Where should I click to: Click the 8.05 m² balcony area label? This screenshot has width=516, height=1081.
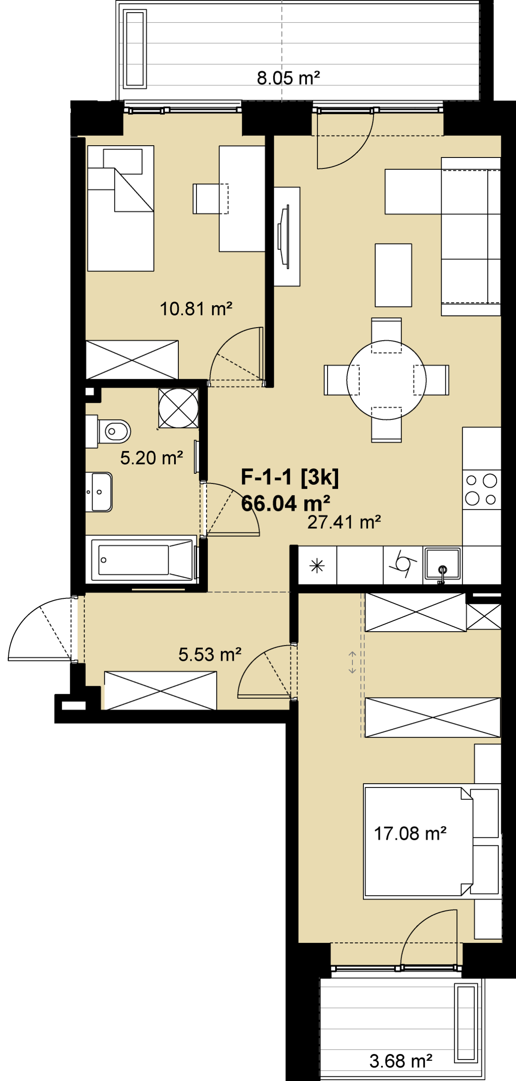coord(288,78)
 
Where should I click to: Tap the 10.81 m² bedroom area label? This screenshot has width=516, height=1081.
coord(196,309)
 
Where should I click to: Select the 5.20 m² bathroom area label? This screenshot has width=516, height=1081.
coord(151,458)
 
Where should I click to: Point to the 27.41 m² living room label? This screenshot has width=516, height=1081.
coord(344,522)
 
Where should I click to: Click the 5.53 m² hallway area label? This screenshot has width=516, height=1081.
coord(210,655)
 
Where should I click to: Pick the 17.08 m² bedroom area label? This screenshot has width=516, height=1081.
coord(410,834)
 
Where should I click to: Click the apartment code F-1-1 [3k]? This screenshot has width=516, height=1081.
coord(289,477)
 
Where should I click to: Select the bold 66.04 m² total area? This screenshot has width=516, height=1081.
coord(285,503)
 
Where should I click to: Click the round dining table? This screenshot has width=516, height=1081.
coord(386,380)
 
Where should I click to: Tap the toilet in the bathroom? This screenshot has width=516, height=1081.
coord(108,431)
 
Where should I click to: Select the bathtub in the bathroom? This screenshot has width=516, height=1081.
coord(141,560)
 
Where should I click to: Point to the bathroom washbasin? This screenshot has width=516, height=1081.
coord(99,492)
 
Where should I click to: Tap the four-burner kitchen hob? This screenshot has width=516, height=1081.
coord(481,490)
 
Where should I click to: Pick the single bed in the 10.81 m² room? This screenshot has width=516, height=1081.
coord(121,208)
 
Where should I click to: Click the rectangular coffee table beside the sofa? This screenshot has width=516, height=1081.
coord(393,275)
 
